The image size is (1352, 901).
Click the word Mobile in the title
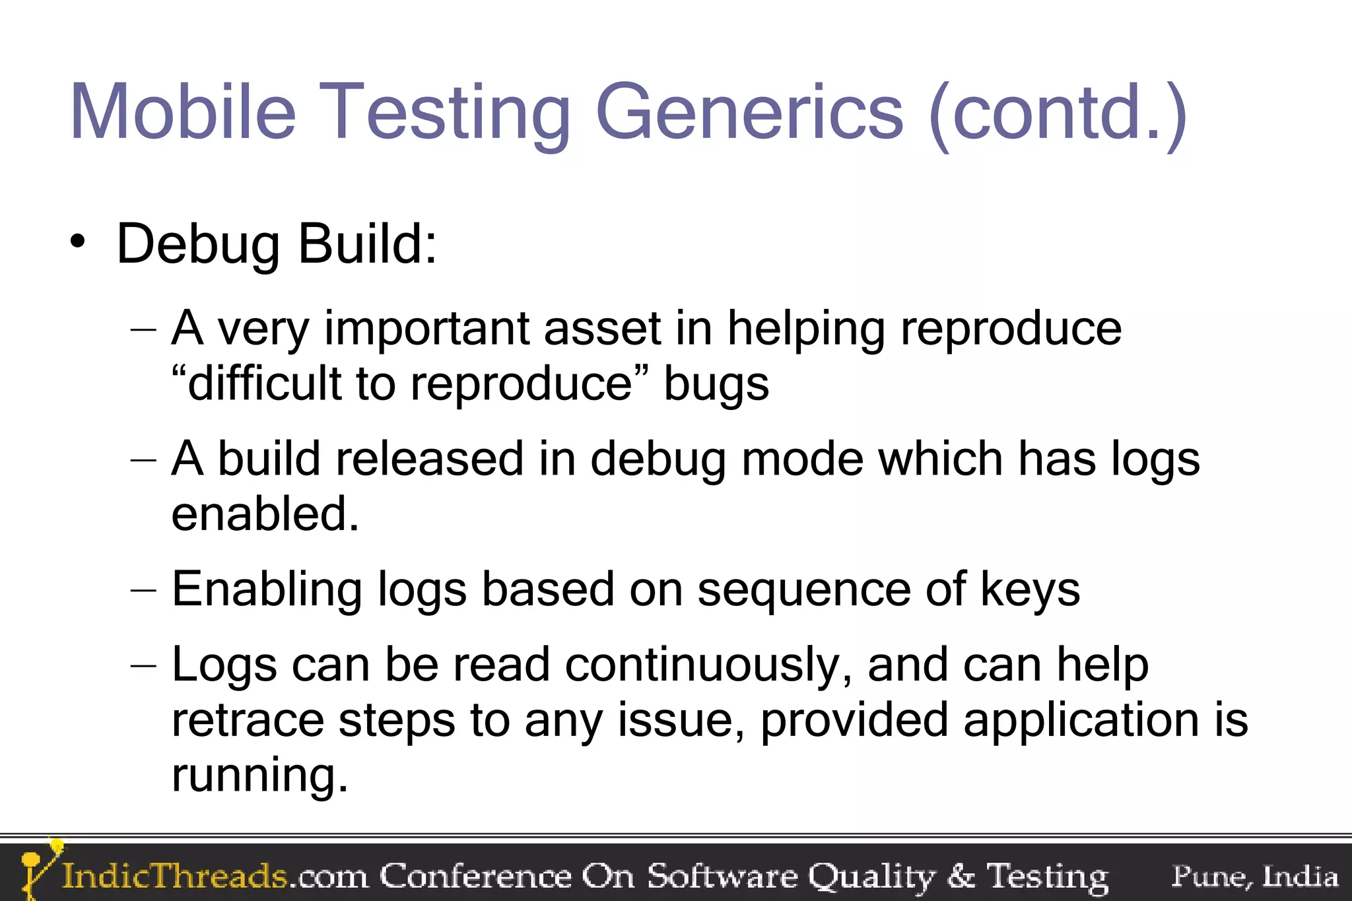(x=183, y=112)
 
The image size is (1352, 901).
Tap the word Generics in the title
(x=749, y=112)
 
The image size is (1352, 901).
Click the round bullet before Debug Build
(x=78, y=242)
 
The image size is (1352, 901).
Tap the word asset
(x=602, y=328)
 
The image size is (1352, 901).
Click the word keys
(x=1030, y=590)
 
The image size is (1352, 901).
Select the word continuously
(x=704, y=665)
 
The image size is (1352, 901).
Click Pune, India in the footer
(x=1254, y=876)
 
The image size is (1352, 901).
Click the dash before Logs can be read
(x=144, y=665)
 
